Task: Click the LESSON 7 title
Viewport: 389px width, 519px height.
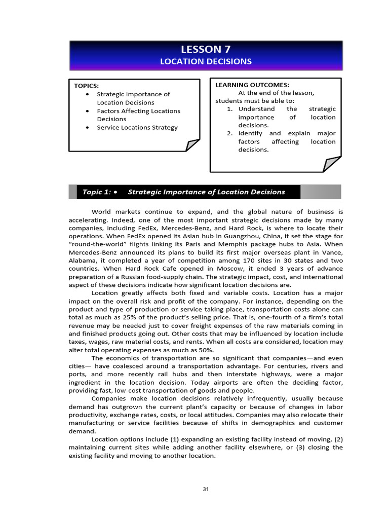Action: click(205, 49)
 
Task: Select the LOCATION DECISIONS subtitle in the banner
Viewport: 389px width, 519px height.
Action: click(205, 61)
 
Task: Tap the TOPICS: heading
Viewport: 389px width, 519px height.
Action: click(87, 86)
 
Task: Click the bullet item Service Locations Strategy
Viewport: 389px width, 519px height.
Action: click(137, 127)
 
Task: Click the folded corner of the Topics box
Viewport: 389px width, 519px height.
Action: click(193, 145)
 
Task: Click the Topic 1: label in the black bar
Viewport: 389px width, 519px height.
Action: click(96, 192)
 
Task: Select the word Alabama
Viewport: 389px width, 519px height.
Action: click(83, 261)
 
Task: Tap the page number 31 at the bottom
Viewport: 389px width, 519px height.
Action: click(205, 489)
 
